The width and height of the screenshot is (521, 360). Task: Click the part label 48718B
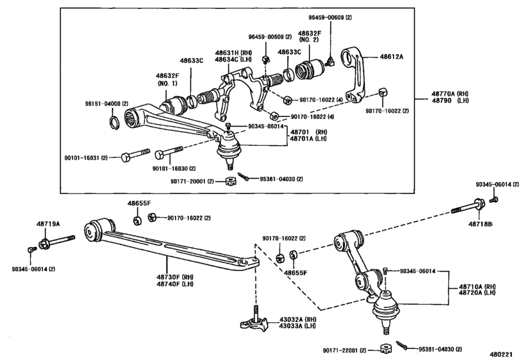point(481,224)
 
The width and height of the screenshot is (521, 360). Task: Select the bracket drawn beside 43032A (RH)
point(256,323)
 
